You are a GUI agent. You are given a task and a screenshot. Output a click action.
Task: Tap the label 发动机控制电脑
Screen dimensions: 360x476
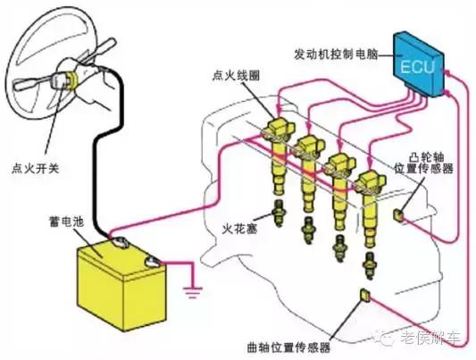340,54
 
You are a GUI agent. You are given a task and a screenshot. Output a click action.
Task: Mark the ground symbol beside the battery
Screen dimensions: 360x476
189,291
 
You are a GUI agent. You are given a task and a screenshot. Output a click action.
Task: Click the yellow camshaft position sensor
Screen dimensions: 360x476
398,213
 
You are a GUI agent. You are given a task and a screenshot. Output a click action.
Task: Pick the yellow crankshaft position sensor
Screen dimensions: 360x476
364,296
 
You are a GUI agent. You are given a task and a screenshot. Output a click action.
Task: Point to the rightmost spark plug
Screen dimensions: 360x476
370,264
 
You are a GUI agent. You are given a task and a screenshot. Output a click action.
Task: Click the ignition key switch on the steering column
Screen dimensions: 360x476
68,82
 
